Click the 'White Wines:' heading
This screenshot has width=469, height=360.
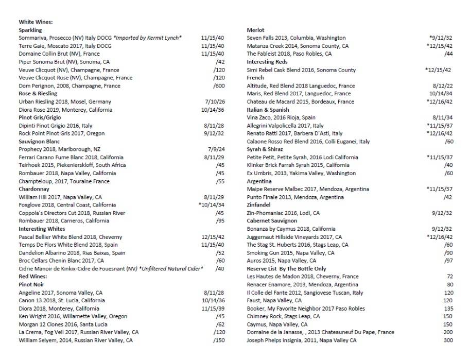click(36, 22)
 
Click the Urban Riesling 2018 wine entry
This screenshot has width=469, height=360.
click(65, 102)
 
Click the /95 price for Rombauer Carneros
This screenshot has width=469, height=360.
click(220, 221)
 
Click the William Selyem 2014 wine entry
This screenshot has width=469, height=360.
click(76, 340)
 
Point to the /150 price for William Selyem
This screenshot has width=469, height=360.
click(219, 340)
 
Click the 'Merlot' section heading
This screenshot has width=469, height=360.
click(255, 30)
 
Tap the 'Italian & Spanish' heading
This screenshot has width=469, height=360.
click(268, 110)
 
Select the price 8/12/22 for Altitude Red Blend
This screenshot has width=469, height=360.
click(443, 86)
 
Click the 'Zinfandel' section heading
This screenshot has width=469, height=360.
click(258, 205)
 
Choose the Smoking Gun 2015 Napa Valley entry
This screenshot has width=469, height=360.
click(290, 253)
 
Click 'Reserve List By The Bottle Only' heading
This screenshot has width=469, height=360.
click(286, 269)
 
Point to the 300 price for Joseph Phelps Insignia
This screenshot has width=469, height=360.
click(448, 340)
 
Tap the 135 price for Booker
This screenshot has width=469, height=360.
click(448, 308)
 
